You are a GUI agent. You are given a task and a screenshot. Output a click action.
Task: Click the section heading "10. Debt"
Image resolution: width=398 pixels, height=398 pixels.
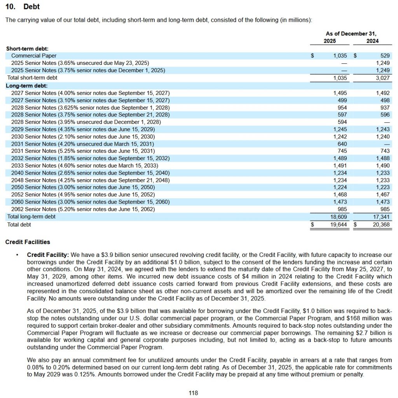pos(23,7)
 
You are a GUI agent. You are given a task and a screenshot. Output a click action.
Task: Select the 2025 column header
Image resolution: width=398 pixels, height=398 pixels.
pos(330,41)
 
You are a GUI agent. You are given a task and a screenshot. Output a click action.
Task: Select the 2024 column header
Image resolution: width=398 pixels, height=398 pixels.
pos(372,41)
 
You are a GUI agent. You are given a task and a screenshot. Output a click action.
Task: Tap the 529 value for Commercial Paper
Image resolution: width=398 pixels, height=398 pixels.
pos(385,56)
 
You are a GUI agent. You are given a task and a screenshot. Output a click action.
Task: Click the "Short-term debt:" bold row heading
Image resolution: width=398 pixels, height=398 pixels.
pos(27,49)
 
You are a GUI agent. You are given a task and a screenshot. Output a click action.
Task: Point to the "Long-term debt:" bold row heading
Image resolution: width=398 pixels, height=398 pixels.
pos(26,86)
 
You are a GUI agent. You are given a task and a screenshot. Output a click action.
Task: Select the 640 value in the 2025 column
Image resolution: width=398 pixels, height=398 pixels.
pos(342,144)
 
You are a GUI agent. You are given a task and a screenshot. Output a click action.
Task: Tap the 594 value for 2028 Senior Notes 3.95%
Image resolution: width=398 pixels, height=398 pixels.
pos(342,122)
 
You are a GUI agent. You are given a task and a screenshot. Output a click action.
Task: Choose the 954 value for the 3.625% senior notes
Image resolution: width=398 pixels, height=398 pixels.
pos(342,107)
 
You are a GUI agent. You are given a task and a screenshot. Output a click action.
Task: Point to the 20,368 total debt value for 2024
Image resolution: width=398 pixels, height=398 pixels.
pos(381,224)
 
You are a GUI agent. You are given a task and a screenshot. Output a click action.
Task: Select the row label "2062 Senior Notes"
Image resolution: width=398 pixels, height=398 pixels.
pos(34,209)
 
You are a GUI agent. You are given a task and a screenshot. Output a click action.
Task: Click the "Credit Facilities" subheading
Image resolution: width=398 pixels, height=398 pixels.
pos(28,242)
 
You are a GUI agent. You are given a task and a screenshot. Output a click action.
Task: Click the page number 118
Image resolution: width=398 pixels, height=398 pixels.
pos(193,393)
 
